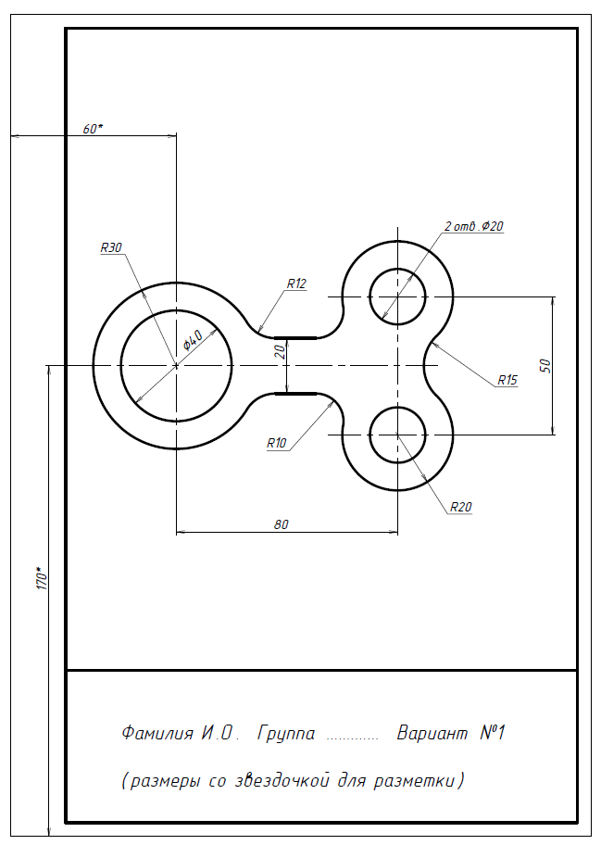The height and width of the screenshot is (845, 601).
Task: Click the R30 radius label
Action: [111, 247]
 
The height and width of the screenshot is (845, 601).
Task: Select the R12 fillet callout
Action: [296, 284]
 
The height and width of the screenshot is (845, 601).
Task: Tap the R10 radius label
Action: [277, 443]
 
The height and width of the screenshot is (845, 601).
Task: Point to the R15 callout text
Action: [507, 380]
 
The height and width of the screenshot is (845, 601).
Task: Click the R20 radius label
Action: [460, 507]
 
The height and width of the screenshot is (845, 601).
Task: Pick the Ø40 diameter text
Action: [193, 341]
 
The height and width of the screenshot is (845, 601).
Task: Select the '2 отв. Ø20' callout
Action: [474, 226]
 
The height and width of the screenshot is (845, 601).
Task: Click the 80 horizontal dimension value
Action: [282, 524]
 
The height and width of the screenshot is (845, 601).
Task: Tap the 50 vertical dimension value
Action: [545, 365]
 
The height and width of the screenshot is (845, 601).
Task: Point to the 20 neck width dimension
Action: [280, 352]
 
